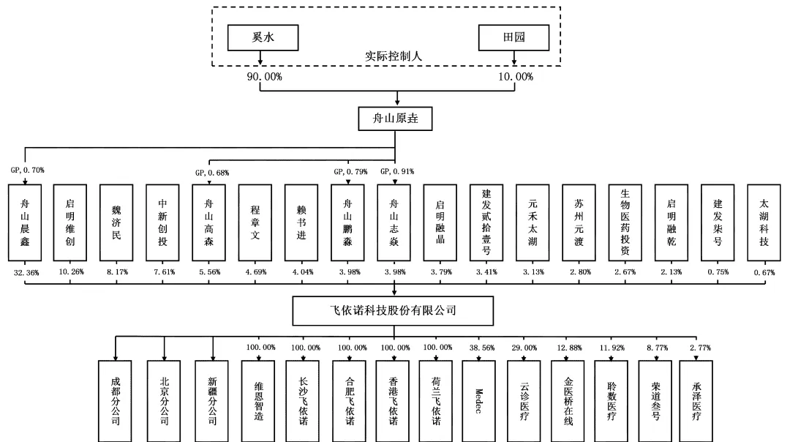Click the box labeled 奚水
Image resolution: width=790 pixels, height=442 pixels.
263,38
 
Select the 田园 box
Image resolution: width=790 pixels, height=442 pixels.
513,38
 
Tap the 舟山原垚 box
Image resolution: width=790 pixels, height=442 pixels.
395,119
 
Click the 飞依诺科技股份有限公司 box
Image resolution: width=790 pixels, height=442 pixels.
393,310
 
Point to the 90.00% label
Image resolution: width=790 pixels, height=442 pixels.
264,77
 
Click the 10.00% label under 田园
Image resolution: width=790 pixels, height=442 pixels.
516,77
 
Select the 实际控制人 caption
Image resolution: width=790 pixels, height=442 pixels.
393,56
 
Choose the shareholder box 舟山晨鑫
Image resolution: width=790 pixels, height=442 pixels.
25,222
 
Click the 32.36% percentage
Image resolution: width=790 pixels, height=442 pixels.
26,273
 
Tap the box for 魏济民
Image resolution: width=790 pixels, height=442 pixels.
116,222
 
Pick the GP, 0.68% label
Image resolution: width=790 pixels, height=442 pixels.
212,173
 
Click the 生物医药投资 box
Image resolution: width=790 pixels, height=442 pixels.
625,222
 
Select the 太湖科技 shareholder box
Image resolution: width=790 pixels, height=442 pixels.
764,222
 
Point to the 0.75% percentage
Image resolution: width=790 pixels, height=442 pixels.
718,271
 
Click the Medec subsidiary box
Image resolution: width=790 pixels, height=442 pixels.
478,401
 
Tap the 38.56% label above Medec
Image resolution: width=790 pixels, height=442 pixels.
482,348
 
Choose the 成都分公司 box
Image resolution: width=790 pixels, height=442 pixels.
115,401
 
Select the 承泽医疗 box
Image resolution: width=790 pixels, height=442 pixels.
696,401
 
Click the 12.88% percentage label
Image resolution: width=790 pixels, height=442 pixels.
569,348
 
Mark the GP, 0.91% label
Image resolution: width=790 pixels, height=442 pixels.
397,171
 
